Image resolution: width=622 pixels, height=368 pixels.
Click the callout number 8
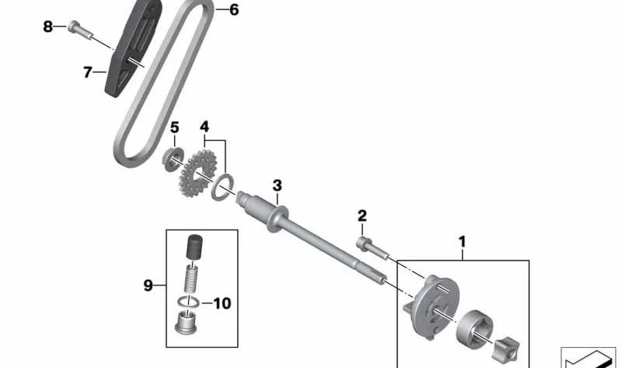47,26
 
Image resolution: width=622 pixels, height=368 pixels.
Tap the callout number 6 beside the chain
234,10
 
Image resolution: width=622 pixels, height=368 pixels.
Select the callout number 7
88,72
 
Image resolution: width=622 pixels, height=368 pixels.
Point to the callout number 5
174,128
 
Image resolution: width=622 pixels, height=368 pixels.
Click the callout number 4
204,127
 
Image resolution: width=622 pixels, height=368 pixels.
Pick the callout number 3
277,185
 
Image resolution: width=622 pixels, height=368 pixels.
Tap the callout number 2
362,216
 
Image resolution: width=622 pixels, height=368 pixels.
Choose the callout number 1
462,241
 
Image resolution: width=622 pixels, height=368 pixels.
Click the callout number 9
148,285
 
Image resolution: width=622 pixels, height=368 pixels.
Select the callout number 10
222,303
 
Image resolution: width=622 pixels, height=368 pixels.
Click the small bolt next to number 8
80,30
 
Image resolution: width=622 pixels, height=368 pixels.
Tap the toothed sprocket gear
198,173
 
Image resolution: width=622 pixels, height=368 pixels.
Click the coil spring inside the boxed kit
191,279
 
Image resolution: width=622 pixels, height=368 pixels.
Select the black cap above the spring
194,247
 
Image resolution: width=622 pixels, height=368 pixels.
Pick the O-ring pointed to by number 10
188,301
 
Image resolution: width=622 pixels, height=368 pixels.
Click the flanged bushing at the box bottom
186,323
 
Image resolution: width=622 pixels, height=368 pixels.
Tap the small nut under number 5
173,159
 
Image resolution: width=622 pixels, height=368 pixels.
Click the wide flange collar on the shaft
278,219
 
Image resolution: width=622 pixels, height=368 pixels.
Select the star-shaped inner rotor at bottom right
507,350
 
